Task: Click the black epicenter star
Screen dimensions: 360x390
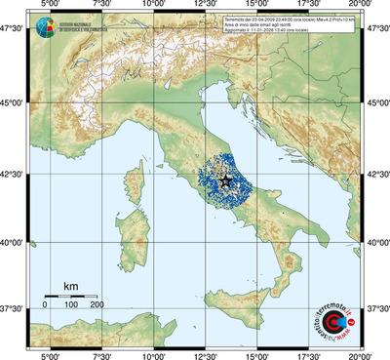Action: coord(225,180)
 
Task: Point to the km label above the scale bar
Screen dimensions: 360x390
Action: coord(70,286)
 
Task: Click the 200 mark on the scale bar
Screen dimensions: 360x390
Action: coord(98,304)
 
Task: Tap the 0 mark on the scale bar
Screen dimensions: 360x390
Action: coord(45,304)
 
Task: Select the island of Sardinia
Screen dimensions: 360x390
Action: coord(125,239)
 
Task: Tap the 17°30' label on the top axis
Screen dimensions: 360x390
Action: coord(309,5)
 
